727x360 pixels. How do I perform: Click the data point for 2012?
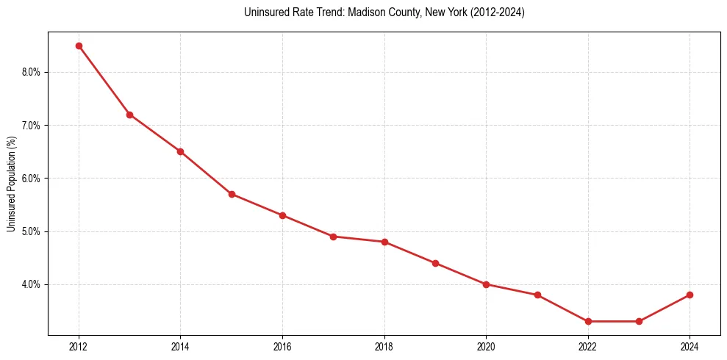[x=79, y=46]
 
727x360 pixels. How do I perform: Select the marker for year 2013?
[x=129, y=115]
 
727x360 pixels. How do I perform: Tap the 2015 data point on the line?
[x=232, y=194]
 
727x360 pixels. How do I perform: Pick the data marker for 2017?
[x=333, y=237]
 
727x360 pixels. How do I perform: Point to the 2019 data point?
[x=435, y=263]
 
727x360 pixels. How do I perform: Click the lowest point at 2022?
[x=588, y=321]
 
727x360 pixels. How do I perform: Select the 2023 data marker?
[x=639, y=321]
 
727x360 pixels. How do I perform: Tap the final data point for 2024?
[x=690, y=295]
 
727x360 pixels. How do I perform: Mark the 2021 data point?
[x=537, y=295]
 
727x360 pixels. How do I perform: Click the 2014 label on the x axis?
[x=180, y=347]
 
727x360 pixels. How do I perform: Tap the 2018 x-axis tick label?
[x=384, y=347]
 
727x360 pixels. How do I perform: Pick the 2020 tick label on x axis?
[x=486, y=347]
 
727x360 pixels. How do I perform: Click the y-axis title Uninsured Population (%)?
[x=11, y=184]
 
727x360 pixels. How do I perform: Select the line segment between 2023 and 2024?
[x=665, y=308]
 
